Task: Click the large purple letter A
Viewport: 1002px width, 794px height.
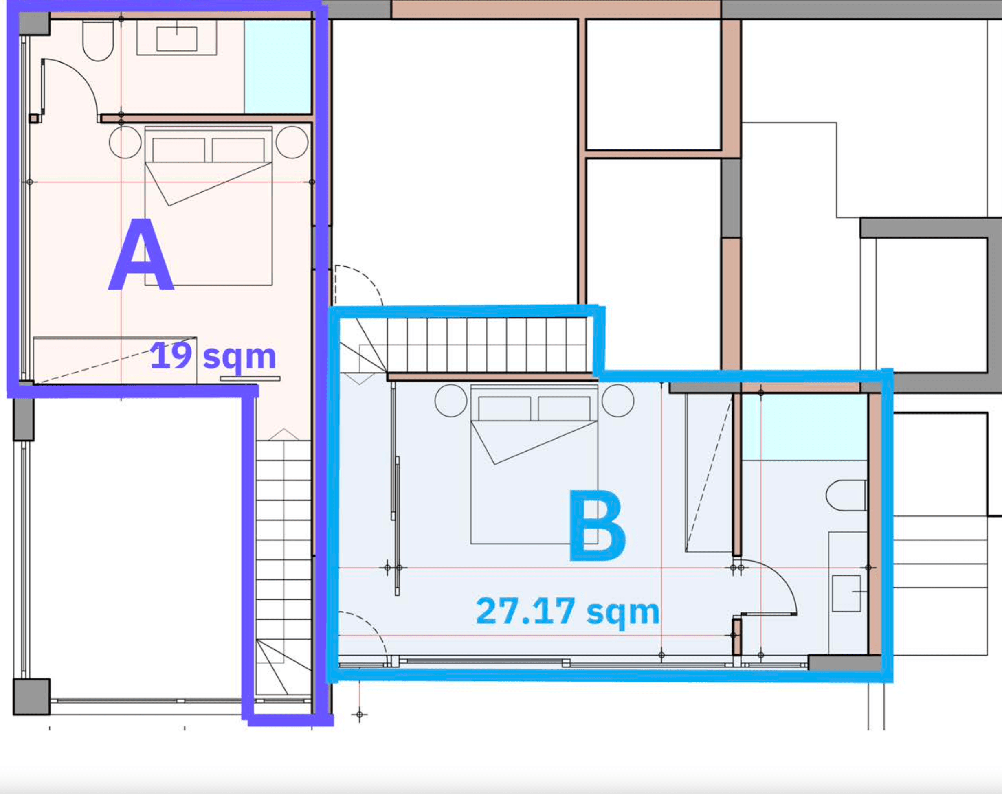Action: tap(141, 254)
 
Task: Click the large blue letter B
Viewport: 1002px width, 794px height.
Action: tap(598, 525)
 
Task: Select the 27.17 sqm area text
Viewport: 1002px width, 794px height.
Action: tap(567, 612)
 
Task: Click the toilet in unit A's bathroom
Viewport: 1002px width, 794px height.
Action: tap(98, 40)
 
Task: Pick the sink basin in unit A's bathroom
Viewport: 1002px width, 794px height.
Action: tap(177, 39)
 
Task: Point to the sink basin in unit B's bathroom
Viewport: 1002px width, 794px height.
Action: tap(846, 593)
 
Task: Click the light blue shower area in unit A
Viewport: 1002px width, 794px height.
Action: tap(277, 66)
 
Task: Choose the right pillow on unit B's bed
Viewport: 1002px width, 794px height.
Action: tap(564, 408)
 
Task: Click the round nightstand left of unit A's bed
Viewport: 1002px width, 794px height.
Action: tap(125, 142)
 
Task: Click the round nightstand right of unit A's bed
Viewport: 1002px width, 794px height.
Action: tap(292, 142)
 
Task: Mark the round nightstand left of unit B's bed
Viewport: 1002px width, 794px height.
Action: tap(451, 401)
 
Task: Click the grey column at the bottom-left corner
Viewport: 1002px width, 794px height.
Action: tap(32, 696)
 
